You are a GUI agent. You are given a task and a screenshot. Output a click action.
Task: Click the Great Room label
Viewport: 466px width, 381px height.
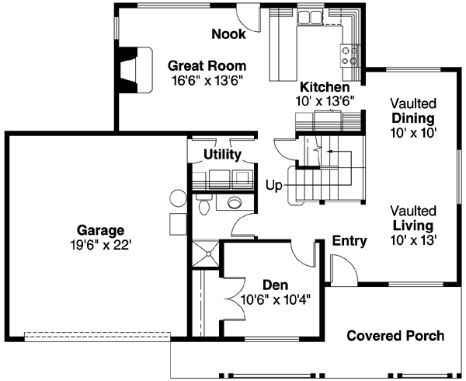(x=207, y=65)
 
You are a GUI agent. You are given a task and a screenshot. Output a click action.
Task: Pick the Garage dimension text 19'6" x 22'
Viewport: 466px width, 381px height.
(x=101, y=244)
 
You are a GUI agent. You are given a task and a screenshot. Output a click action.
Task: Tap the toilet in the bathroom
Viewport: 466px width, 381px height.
(x=203, y=205)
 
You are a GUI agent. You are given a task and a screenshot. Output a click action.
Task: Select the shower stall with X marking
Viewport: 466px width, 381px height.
(x=206, y=253)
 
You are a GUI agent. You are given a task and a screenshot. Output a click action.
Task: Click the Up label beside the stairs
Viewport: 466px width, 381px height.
(x=274, y=187)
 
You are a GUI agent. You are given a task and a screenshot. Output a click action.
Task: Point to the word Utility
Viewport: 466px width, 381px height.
(x=223, y=155)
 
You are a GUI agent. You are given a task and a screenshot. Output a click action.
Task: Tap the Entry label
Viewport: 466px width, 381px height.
(x=349, y=240)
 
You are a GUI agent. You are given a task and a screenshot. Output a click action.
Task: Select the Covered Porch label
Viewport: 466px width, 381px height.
(x=395, y=336)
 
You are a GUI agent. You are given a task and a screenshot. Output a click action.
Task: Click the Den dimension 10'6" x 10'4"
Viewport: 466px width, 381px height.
(x=276, y=300)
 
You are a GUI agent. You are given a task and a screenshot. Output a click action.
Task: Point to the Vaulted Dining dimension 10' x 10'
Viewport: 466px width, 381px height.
(x=413, y=132)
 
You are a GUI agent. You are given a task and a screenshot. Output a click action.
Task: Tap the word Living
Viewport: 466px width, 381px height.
(x=413, y=225)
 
